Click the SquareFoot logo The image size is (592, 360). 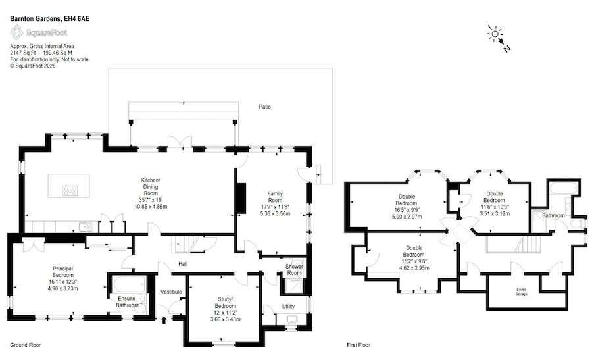[39, 32]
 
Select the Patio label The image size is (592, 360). [264, 107]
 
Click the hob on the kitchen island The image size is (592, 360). [70, 190]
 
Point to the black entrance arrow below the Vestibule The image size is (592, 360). [164, 321]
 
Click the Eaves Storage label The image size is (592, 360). [521, 292]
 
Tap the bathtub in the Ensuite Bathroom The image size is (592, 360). [127, 284]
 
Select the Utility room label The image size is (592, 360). [288, 306]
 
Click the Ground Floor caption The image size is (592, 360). [25, 345]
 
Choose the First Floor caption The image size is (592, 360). [358, 345]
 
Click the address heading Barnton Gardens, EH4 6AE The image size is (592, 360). [50, 18]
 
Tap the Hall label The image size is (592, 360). [183, 264]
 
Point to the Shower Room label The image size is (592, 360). [294, 270]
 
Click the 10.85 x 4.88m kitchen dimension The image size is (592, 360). [151, 207]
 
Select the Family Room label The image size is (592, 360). [275, 197]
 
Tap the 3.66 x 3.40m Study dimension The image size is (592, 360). [226, 319]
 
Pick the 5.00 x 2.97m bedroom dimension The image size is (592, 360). [407, 217]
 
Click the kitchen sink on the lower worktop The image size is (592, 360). [86, 227]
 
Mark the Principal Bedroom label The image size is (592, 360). [63, 272]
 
